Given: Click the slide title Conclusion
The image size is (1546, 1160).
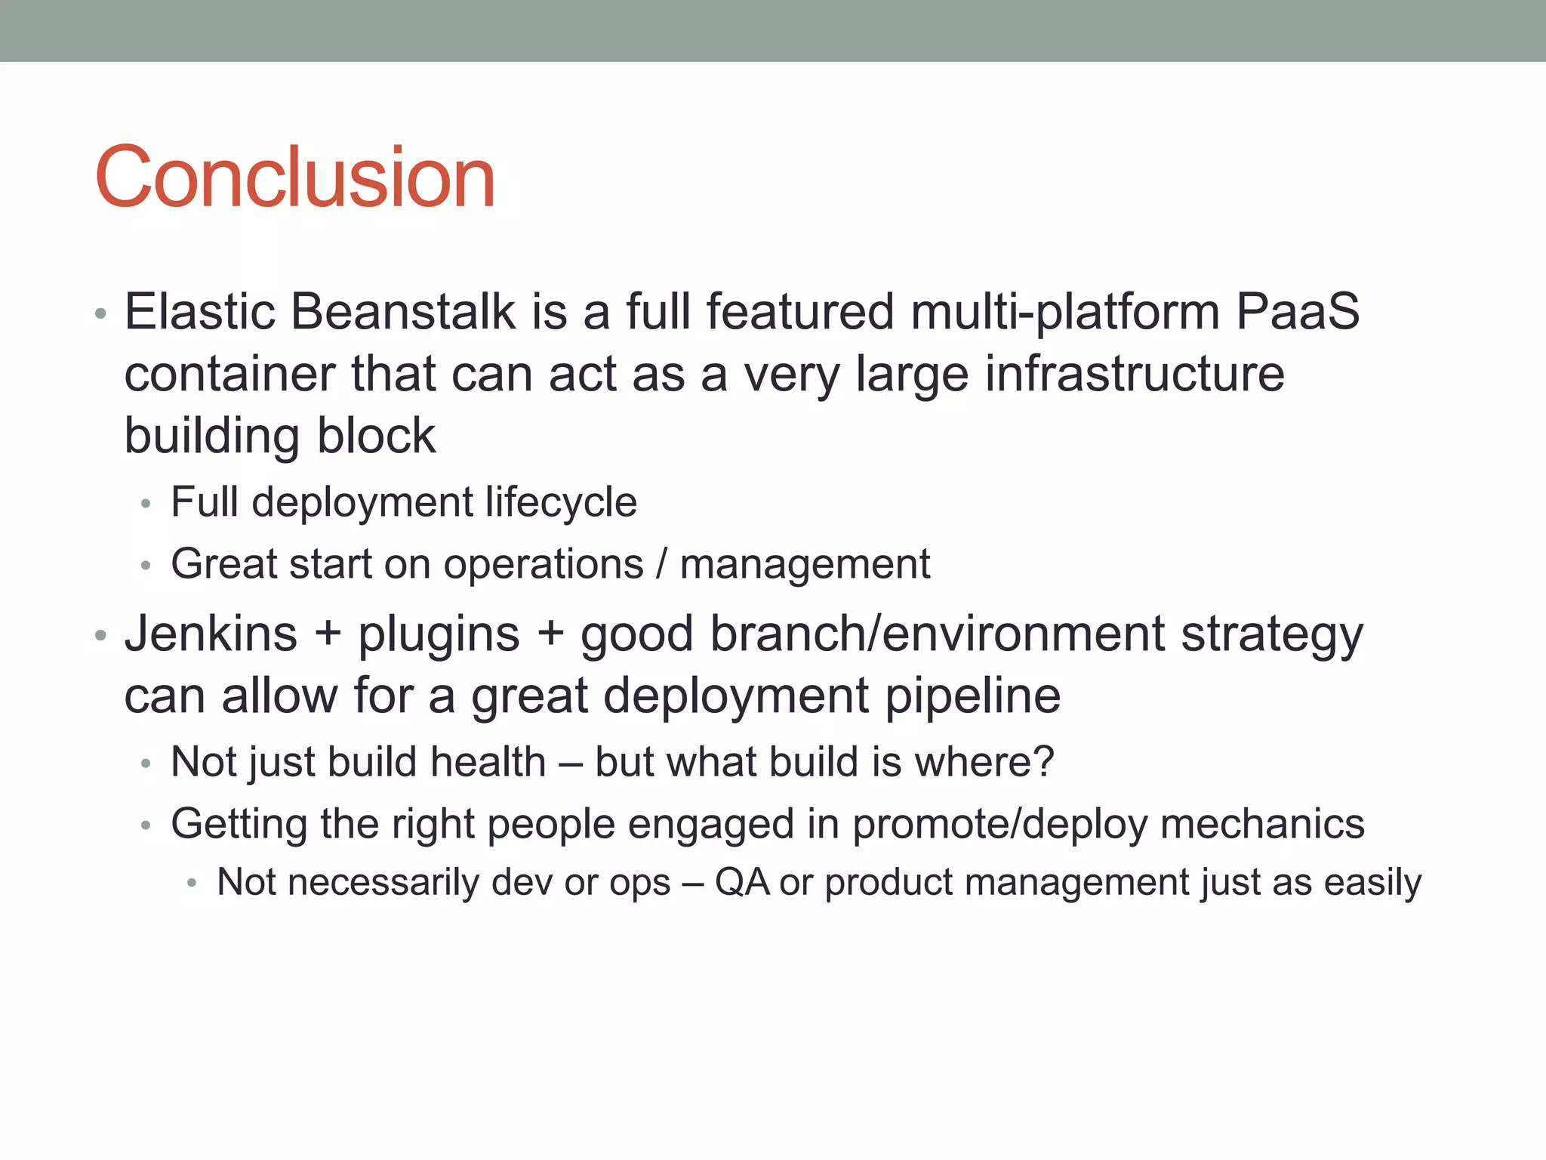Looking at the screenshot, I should point(294,177).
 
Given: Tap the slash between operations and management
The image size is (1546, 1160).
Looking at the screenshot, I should point(662,564).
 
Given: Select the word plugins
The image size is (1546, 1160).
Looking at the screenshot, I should point(439,634).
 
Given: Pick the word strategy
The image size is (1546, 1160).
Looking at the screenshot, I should point(1272,634).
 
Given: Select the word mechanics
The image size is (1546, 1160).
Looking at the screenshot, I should point(1262,823).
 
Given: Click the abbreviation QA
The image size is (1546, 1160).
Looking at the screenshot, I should point(741,882).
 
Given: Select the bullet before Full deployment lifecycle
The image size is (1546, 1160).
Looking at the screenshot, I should point(146,504).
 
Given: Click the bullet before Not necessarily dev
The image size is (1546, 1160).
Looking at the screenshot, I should point(192,883).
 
